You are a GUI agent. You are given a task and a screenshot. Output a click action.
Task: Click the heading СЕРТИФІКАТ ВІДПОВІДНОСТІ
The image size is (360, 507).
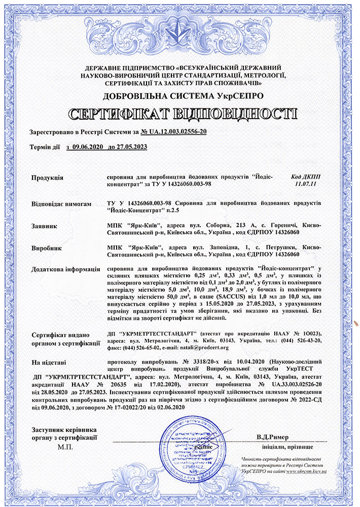(x=180, y=114)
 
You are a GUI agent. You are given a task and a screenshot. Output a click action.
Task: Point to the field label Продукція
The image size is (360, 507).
(x=47, y=177)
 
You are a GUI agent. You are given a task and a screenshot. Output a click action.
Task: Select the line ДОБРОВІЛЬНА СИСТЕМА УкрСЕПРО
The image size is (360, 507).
(x=180, y=96)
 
